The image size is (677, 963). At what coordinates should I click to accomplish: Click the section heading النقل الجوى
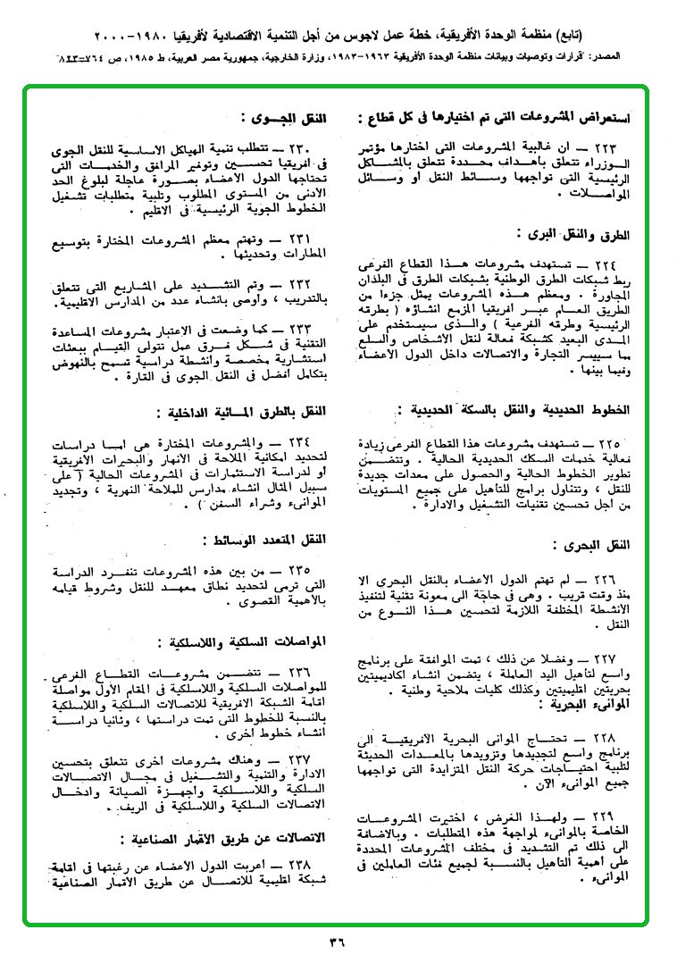pos(284,117)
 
